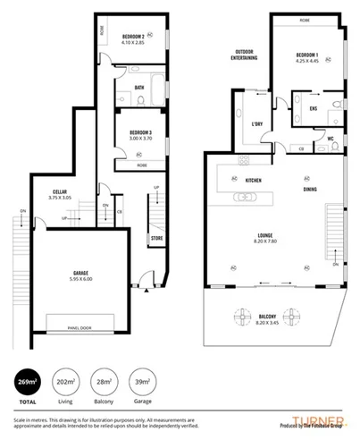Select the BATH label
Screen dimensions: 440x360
[139, 87]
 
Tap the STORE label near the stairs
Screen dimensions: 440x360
[156, 239]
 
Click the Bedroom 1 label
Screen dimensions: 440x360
[307, 56]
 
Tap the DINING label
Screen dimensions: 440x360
[309, 190]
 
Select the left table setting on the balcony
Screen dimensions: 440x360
[243, 317]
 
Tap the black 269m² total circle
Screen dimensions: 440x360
[28, 383]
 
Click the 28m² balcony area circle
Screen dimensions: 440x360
[105, 383]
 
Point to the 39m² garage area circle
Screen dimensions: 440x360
[142, 383]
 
